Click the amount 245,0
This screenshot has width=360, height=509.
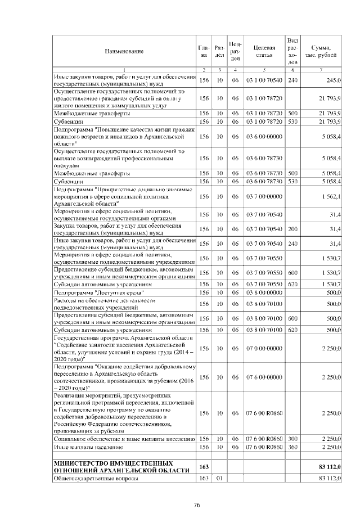333,81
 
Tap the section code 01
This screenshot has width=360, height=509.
220,478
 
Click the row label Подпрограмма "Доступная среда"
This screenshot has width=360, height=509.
91,293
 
